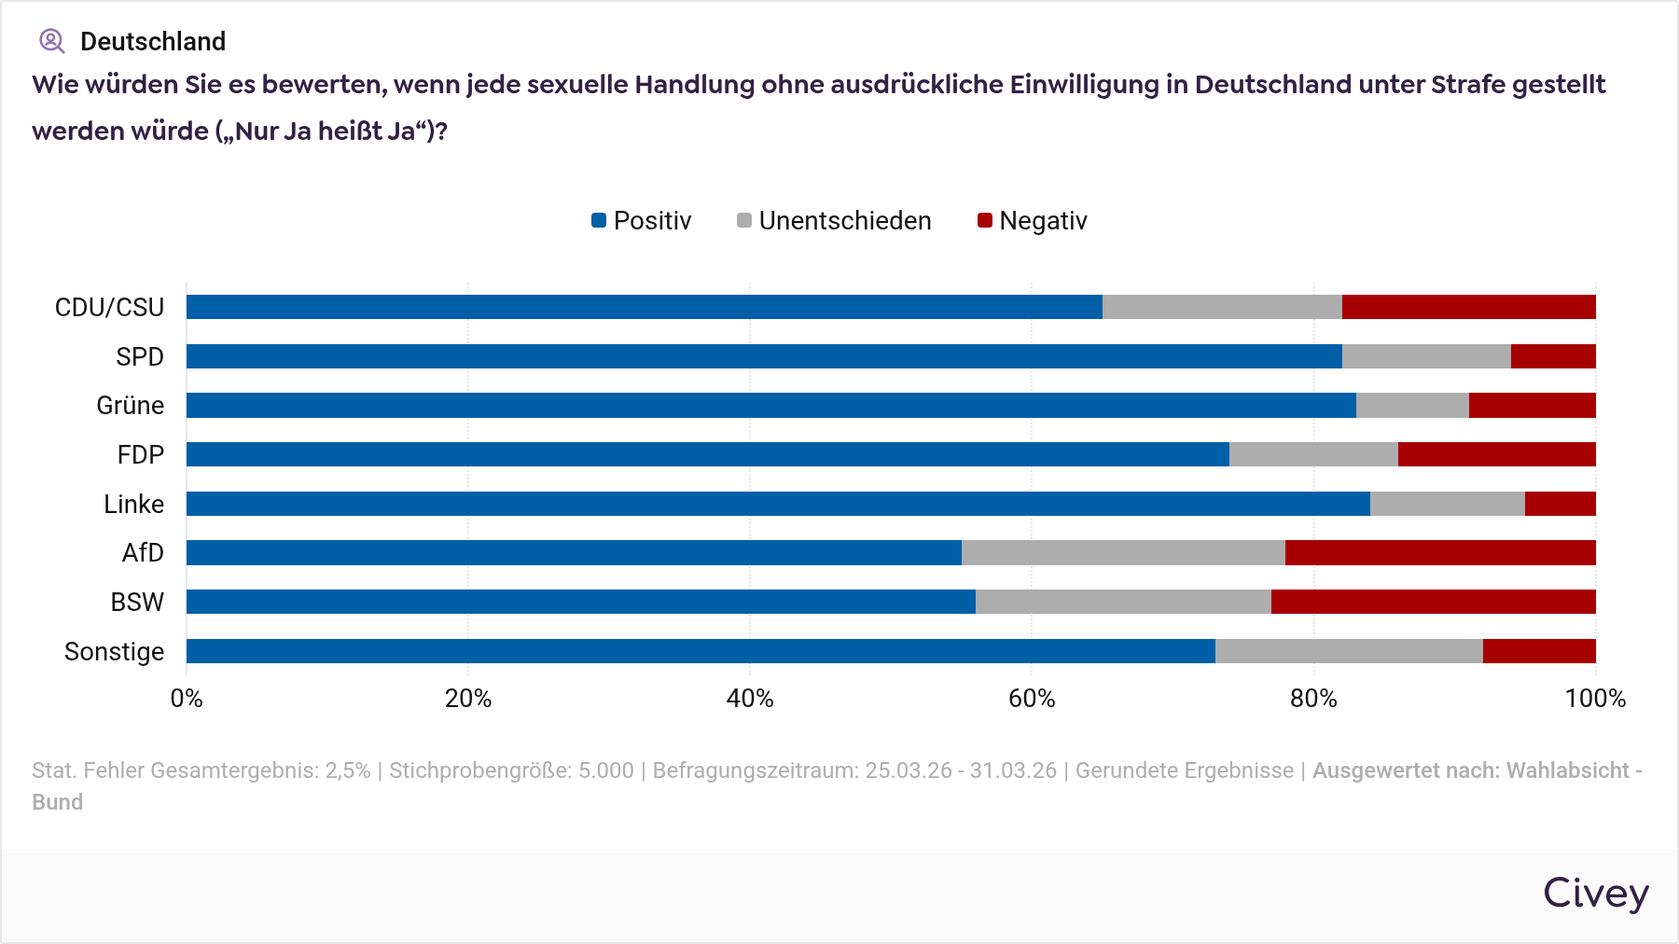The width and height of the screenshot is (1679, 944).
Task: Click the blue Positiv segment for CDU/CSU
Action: tap(644, 307)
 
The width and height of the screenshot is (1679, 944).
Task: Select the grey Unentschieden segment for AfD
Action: tap(1123, 552)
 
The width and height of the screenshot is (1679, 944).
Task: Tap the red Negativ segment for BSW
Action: tap(1433, 602)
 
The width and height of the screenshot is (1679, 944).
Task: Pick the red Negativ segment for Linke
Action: tap(1560, 504)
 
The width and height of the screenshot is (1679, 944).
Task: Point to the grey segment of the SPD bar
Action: tap(1426, 356)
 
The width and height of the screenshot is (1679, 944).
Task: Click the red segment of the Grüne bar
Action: tap(1532, 405)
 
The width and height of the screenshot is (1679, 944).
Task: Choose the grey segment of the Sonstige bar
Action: tap(1349, 651)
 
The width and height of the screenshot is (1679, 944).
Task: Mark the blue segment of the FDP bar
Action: tap(707, 454)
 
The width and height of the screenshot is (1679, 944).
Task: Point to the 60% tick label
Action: tap(1032, 699)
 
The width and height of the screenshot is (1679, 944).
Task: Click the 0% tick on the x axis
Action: tap(187, 699)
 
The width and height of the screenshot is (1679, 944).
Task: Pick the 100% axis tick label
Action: tap(1595, 699)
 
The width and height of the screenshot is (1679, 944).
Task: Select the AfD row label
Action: tap(143, 553)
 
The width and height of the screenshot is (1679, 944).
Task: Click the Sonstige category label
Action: tap(114, 651)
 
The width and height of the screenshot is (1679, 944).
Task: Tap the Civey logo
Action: tap(1595, 893)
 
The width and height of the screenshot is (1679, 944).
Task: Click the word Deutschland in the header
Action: tap(153, 41)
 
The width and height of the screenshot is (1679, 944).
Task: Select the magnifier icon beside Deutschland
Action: tap(51, 41)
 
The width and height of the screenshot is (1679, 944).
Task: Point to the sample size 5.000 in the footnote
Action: tap(605, 770)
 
